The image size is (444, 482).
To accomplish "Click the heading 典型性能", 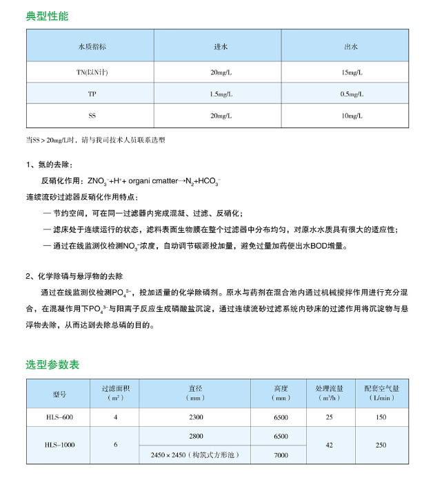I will pos(47,16).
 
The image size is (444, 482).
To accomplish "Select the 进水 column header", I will pos(221,47).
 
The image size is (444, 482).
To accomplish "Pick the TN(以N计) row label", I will pos(92,72).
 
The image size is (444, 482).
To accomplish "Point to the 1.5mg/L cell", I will pos(221,94).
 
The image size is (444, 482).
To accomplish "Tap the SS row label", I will pos(92,116).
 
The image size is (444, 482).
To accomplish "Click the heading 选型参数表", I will pos(52,364).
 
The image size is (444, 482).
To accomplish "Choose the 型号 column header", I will pos(59,393).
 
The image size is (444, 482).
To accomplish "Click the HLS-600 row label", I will pos(59,417).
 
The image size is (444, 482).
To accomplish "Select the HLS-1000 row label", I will pos(59,446).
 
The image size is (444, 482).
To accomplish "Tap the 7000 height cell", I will pos(281,455).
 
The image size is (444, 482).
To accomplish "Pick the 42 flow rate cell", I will pos(329,446).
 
